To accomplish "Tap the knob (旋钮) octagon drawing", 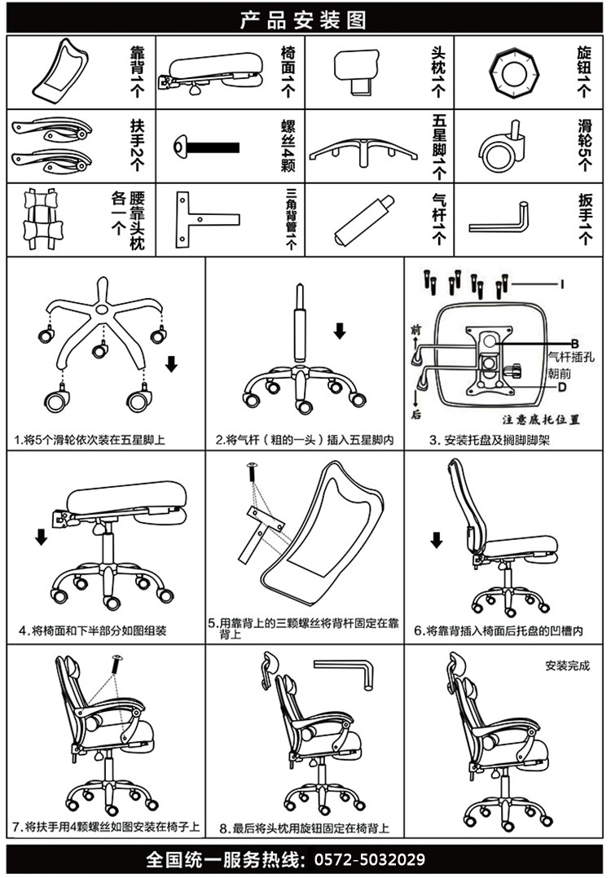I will click(513, 72).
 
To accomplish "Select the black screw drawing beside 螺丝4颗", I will click(207, 148).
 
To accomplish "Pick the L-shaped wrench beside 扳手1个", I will click(499, 217).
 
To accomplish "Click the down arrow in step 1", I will click(171, 362).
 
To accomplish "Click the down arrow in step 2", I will click(340, 330).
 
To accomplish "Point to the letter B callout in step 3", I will click(574, 343).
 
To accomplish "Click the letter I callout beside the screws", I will click(561, 283).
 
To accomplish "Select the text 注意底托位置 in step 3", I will click(541, 420).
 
